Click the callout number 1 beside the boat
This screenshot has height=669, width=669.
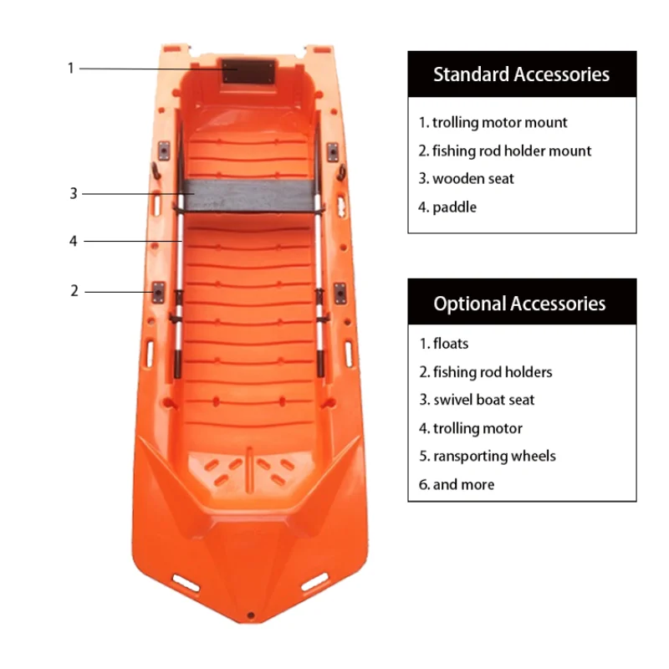[x=71, y=68]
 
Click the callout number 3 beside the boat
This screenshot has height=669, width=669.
[x=74, y=193]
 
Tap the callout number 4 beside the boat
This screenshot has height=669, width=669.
[x=74, y=241]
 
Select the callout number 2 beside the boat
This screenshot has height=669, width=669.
[x=74, y=291]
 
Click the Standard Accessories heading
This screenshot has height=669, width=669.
[x=521, y=74]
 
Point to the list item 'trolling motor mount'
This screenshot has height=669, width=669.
[x=499, y=122]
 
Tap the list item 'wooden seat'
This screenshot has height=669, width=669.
[x=472, y=178]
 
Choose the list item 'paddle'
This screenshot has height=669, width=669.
[x=454, y=207]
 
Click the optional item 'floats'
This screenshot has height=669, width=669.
[x=450, y=343]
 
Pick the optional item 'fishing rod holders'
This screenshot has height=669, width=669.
[x=492, y=371]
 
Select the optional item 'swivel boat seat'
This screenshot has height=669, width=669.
[x=483, y=400]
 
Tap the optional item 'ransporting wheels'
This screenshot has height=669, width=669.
[x=493, y=456]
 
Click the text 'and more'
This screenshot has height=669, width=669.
[x=462, y=484]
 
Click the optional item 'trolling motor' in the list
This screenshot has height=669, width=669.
[x=477, y=428]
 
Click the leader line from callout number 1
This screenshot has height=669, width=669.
[x=151, y=69]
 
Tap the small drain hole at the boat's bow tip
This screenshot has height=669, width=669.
[x=249, y=615]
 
